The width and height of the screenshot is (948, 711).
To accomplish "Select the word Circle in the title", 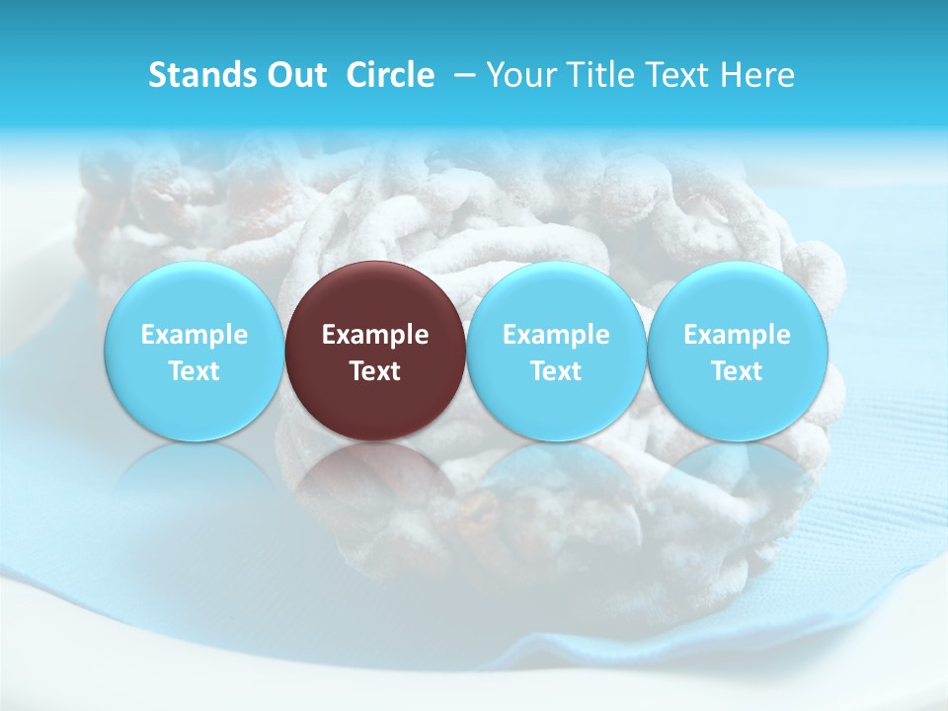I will coord(390,75).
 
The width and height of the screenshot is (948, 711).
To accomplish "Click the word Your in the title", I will coord(519,75).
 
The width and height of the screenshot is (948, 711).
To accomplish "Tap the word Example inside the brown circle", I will coord(375,335).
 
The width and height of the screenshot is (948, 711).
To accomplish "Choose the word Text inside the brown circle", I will coord(375,371).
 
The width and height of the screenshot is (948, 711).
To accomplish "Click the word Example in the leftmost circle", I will coord(195,335).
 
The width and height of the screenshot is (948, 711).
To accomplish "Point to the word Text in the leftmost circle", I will coord(195,371).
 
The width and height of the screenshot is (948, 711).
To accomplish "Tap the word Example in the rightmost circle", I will coord(737,335).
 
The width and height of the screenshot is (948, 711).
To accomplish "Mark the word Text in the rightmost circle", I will coord(737,371).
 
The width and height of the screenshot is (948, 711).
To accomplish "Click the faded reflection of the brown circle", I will coord(375,484).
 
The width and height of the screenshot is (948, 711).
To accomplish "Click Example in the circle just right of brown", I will coord(556,335).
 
